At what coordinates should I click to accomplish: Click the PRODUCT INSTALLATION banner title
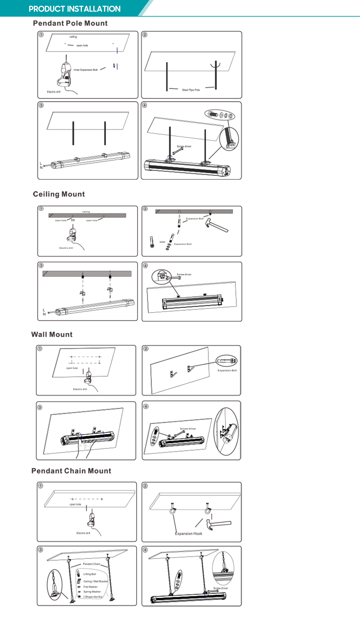[x=74, y=9]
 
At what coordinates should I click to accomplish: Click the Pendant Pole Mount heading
[x=70, y=23]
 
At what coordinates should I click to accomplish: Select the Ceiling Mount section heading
[x=59, y=194]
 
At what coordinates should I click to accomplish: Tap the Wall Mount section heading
[x=52, y=334]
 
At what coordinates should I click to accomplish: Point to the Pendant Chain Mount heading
[x=71, y=471]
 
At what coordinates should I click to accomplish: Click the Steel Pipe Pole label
[x=191, y=90]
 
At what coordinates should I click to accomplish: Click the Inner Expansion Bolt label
[x=86, y=70]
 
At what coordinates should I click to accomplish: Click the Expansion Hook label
[x=189, y=534]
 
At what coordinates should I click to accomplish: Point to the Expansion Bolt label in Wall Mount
[x=227, y=370]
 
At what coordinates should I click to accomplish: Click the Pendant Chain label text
[x=91, y=564]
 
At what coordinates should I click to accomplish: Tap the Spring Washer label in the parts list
[x=92, y=592]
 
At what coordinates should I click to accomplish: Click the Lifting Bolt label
[x=90, y=574]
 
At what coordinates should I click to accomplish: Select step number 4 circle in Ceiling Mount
[x=145, y=266]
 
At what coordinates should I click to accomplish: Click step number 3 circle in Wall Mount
[x=40, y=407]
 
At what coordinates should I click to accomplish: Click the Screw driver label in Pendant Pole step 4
[x=184, y=146]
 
